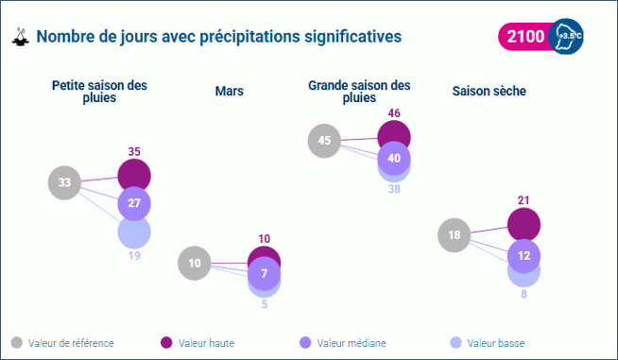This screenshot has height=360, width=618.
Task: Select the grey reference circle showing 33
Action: pyautogui.click(x=64, y=182)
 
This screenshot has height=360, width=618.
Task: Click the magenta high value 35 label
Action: pyautogui.click(x=134, y=151)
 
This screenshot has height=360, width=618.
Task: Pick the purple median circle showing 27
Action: pyautogui.click(x=134, y=203)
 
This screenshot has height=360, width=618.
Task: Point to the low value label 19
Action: pyautogui.click(x=134, y=255)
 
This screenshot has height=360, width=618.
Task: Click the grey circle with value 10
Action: pyautogui.click(x=195, y=264)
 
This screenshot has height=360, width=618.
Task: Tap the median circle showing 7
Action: pyautogui.click(x=265, y=274)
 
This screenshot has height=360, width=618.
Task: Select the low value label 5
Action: pyautogui.click(x=265, y=304)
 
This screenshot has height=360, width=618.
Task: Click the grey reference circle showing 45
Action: pyautogui.click(x=324, y=141)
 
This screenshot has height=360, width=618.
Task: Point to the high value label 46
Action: pyautogui.click(x=394, y=113)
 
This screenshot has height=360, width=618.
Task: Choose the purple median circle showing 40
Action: pyautogui.click(x=394, y=158)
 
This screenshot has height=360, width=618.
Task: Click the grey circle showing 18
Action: pyautogui.click(x=455, y=235)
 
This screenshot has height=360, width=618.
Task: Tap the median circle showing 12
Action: pyautogui.click(x=524, y=256)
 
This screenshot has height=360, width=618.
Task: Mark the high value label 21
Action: pyautogui.click(x=524, y=201)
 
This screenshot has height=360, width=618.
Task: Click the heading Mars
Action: pyautogui.click(x=230, y=91)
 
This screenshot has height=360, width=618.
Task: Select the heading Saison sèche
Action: pyautogui.click(x=489, y=91)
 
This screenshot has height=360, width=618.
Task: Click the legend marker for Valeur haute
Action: pyautogui.click(x=166, y=342)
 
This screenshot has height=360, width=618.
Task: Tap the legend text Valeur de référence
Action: pyautogui.click(x=71, y=342)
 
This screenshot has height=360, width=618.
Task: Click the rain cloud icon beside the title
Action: pyautogui.click(x=19, y=38)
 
